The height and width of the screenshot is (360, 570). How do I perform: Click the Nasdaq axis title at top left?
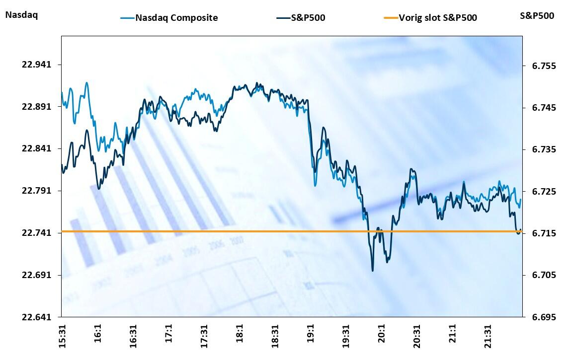(x=21, y=15)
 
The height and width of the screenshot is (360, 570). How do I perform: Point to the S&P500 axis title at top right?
(x=537, y=15)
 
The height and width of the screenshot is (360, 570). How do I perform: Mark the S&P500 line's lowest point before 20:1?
(x=372, y=270)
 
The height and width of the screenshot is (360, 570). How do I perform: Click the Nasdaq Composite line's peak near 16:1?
(x=86, y=83)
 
